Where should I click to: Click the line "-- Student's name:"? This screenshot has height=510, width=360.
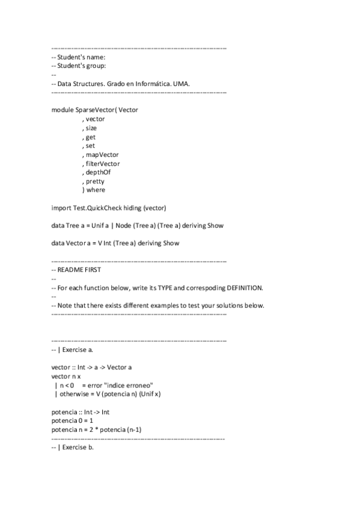tap(79, 57)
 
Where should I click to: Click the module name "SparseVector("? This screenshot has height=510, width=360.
tap(97, 110)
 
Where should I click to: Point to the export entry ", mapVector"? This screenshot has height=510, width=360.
tap(100, 155)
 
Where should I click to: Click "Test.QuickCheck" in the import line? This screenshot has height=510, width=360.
tap(99, 207)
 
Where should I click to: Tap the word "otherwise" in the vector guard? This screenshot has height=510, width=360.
tap(72, 394)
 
